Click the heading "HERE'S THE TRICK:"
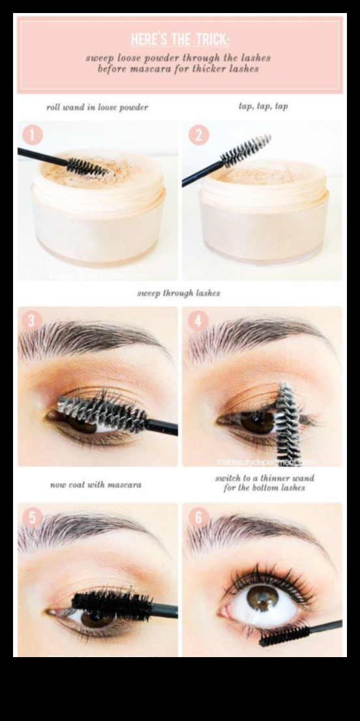coord(179,38)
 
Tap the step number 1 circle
coord(33,135)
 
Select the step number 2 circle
coord(198,135)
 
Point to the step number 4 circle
coord(198,321)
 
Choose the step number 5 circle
coord(33,517)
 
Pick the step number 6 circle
coord(198,517)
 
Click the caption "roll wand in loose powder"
coord(97,107)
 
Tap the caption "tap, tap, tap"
coord(263,106)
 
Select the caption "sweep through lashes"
coord(178,293)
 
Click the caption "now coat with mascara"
coord(96,485)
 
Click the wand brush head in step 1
coord(86,168)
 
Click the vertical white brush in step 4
coord(286,422)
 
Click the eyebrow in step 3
coord(91,338)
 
